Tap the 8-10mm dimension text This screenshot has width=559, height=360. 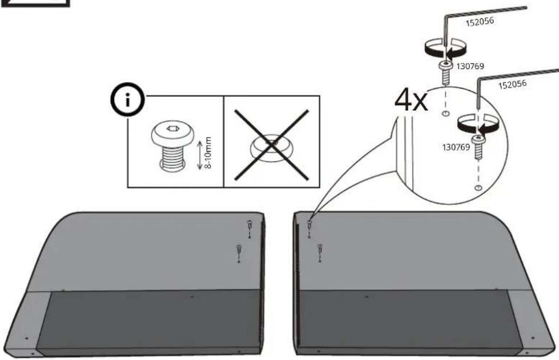coord(209,153)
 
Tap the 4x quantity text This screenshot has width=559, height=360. coord(411,101)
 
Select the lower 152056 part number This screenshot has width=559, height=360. coord(512,85)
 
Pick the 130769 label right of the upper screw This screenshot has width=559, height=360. coord(470,66)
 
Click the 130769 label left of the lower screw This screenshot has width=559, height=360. coord(456,147)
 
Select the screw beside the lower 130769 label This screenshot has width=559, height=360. coord(478,147)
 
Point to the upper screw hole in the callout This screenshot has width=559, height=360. coord(445,113)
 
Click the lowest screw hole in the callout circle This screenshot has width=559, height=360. coord(479,188)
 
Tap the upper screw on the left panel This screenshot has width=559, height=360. coord(250,226)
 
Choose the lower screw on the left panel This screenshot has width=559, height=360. coord(239,250)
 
